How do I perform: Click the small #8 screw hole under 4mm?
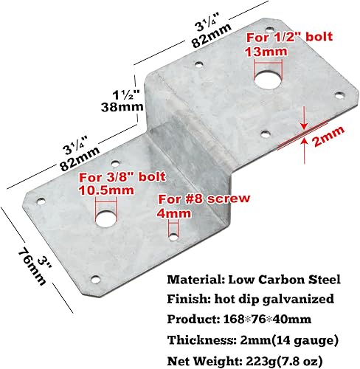click(x=172, y=233)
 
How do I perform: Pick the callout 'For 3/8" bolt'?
click(x=121, y=176)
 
